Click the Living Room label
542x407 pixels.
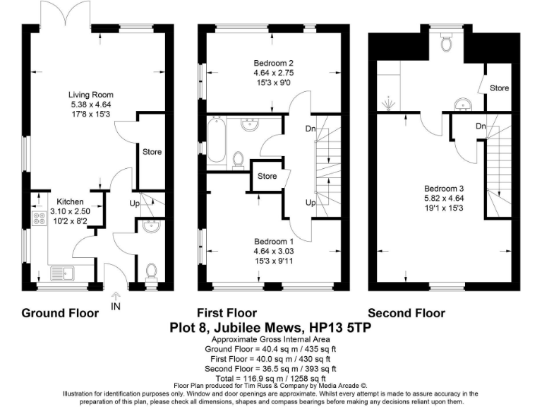tap(90, 95)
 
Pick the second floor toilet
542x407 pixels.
tap(445, 45)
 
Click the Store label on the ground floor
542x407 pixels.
tap(152, 151)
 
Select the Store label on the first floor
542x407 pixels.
tap(267, 176)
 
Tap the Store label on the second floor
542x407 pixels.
tap(500, 88)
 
